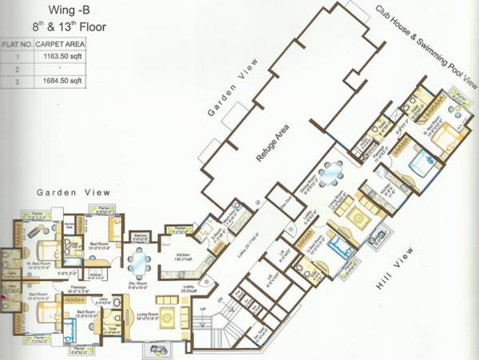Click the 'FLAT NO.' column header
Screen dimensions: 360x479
coord(17,45)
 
